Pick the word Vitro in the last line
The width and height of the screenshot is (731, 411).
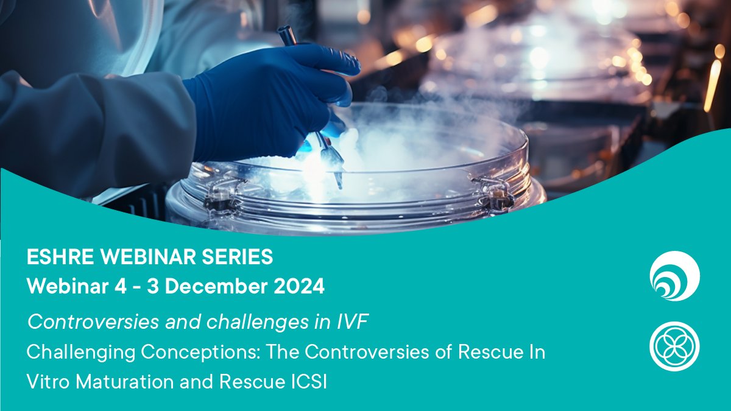pyautogui.click(x=45, y=383)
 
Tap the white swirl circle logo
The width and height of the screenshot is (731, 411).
pyautogui.click(x=674, y=276)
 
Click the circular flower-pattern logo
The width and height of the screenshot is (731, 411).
pyautogui.click(x=674, y=345)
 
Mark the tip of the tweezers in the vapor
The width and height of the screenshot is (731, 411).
pyautogui.click(x=339, y=183)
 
